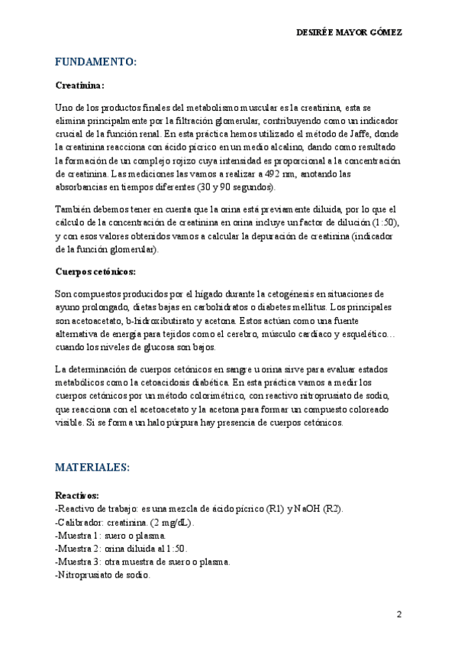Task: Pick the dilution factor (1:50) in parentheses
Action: tap(383, 222)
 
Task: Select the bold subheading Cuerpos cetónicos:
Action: tap(95, 271)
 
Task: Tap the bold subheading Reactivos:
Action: tap(77, 495)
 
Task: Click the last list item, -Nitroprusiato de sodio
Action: tap(103, 575)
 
